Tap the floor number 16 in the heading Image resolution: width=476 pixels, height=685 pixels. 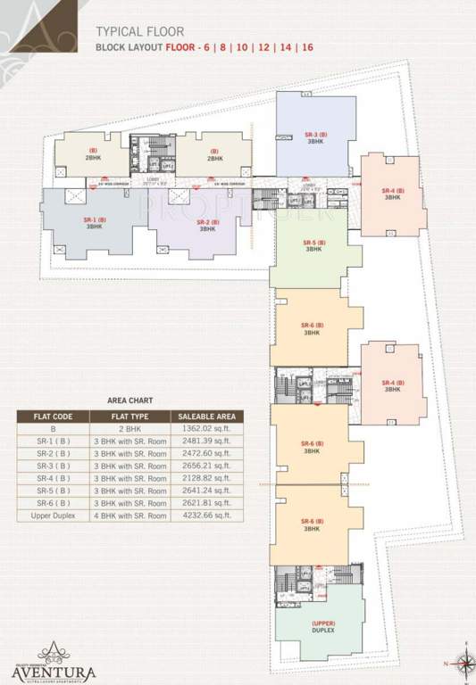point(306,46)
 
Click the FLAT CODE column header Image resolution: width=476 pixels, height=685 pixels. point(52,416)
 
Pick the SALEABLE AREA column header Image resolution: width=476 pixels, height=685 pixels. point(205,416)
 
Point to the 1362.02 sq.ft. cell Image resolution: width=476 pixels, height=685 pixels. point(205,428)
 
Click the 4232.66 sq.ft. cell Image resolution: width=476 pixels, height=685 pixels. point(205,516)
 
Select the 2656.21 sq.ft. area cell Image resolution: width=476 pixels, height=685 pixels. point(205,466)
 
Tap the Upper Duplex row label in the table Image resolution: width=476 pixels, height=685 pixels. point(52,516)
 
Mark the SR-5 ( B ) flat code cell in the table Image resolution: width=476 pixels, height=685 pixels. point(52,491)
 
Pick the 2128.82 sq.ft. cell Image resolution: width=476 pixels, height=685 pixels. point(205,478)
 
